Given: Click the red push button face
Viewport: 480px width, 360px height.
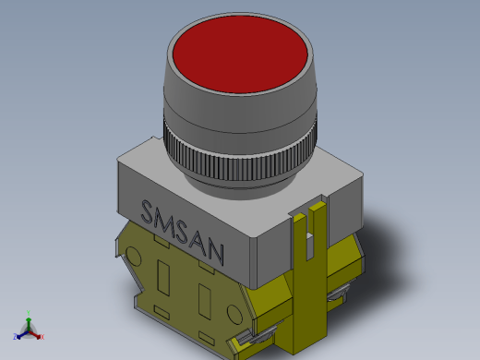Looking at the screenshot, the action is click(x=240, y=54).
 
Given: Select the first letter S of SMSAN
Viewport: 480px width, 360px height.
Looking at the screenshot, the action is click(x=147, y=211).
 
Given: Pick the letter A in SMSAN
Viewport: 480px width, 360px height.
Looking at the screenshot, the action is click(x=198, y=242).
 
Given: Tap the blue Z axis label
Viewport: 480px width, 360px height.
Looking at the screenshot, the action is click(x=15, y=336).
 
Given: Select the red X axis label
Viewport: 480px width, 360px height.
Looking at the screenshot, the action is click(x=42, y=337).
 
